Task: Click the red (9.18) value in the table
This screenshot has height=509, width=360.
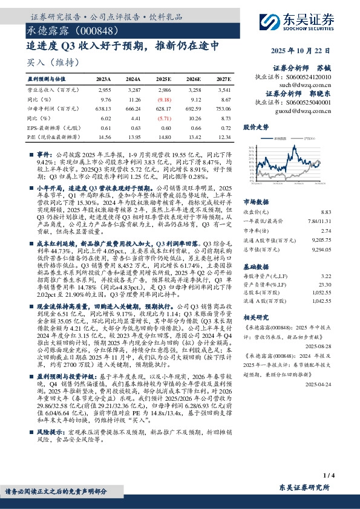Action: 165,99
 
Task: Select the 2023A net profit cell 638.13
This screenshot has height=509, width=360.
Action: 103,108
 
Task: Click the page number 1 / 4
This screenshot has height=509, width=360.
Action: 329,475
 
